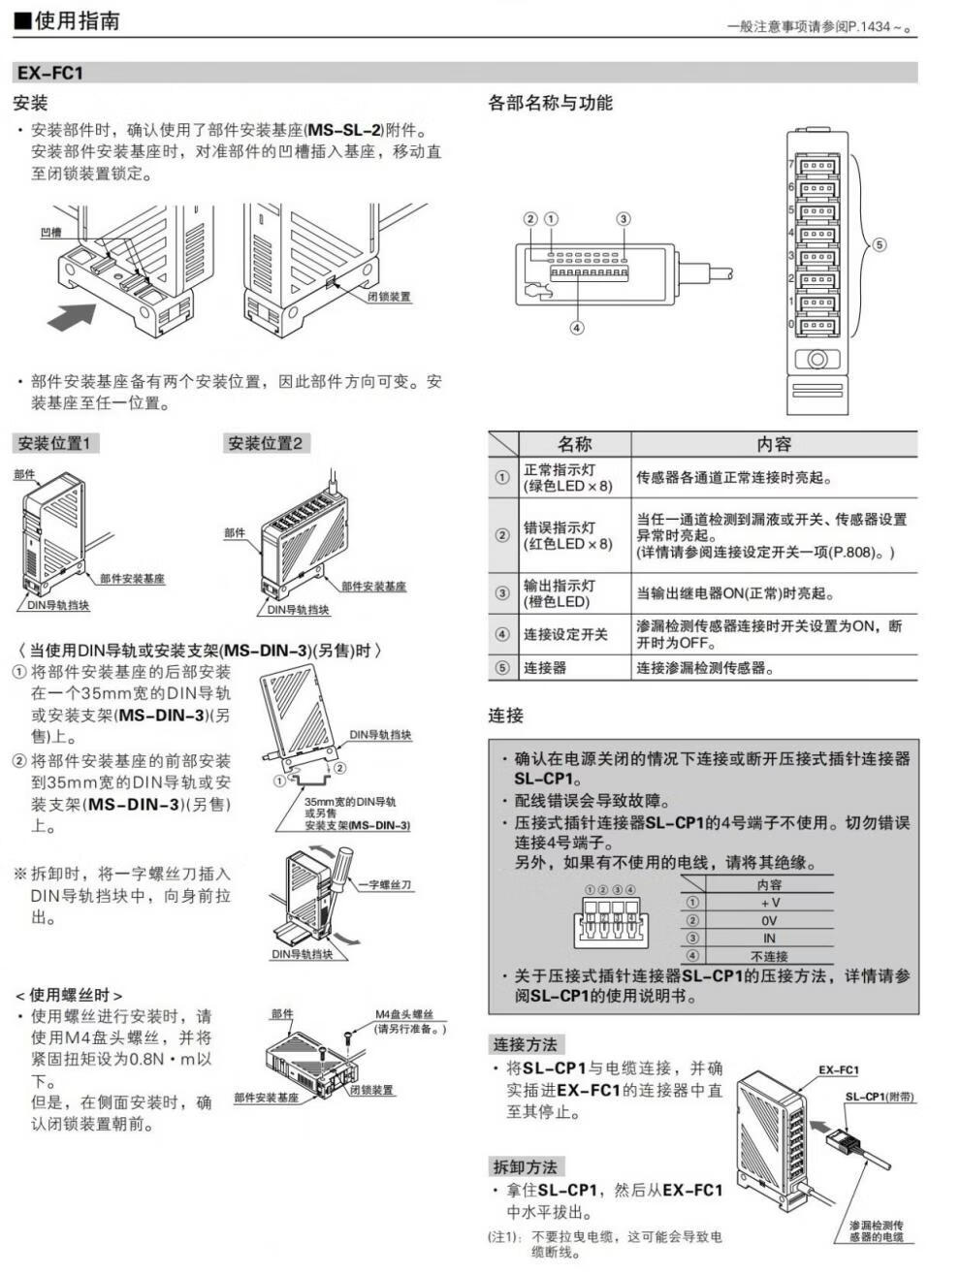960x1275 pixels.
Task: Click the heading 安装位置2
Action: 265,443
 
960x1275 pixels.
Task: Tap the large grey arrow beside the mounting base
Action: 71,315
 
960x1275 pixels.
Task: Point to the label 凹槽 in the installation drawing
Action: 51,233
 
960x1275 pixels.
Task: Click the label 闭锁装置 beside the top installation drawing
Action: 389,297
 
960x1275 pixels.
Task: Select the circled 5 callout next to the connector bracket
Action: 880,244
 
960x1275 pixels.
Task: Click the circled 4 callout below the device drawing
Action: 577,328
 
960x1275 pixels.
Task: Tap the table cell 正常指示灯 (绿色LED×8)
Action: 567,477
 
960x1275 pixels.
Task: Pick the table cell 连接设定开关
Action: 565,634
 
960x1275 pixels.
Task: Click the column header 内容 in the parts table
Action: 773,444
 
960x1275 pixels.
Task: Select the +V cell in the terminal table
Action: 770,902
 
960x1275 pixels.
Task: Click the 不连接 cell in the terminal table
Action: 769,956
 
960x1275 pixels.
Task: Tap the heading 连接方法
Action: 525,1044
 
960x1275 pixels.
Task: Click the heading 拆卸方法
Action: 525,1166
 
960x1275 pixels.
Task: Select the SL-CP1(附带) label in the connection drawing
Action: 879,1097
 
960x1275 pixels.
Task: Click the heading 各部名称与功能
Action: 550,103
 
